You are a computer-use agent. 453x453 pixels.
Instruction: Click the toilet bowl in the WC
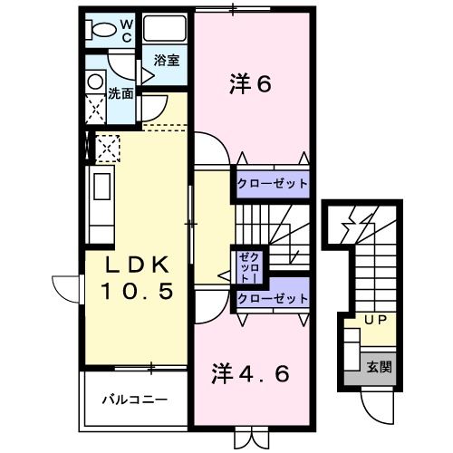click(x=103, y=30)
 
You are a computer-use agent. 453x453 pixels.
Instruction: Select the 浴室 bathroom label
click(x=166, y=61)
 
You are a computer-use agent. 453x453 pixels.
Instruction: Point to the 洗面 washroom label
click(x=120, y=93)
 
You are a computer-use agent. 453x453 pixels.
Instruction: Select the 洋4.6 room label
click(x=251, y=373)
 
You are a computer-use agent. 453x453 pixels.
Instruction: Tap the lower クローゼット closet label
click(x=273, y=298)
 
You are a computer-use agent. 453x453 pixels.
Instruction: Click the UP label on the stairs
click(x=373, y=320)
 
